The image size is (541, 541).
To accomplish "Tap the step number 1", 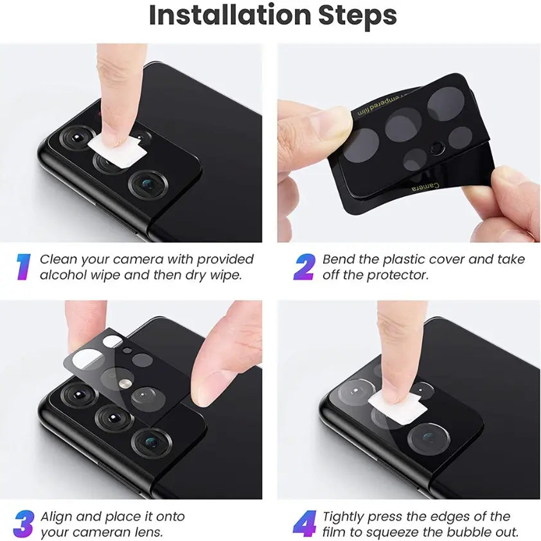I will click(23, 267).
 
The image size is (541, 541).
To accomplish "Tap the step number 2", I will click(303, 267).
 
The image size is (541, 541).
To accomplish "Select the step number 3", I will click(23, 524).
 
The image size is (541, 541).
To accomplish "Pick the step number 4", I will click(303, 524).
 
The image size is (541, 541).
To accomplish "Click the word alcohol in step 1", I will click(62, 275).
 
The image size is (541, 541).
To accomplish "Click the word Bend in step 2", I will click(339, 260).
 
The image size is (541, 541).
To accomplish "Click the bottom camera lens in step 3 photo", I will click(151, 442).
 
